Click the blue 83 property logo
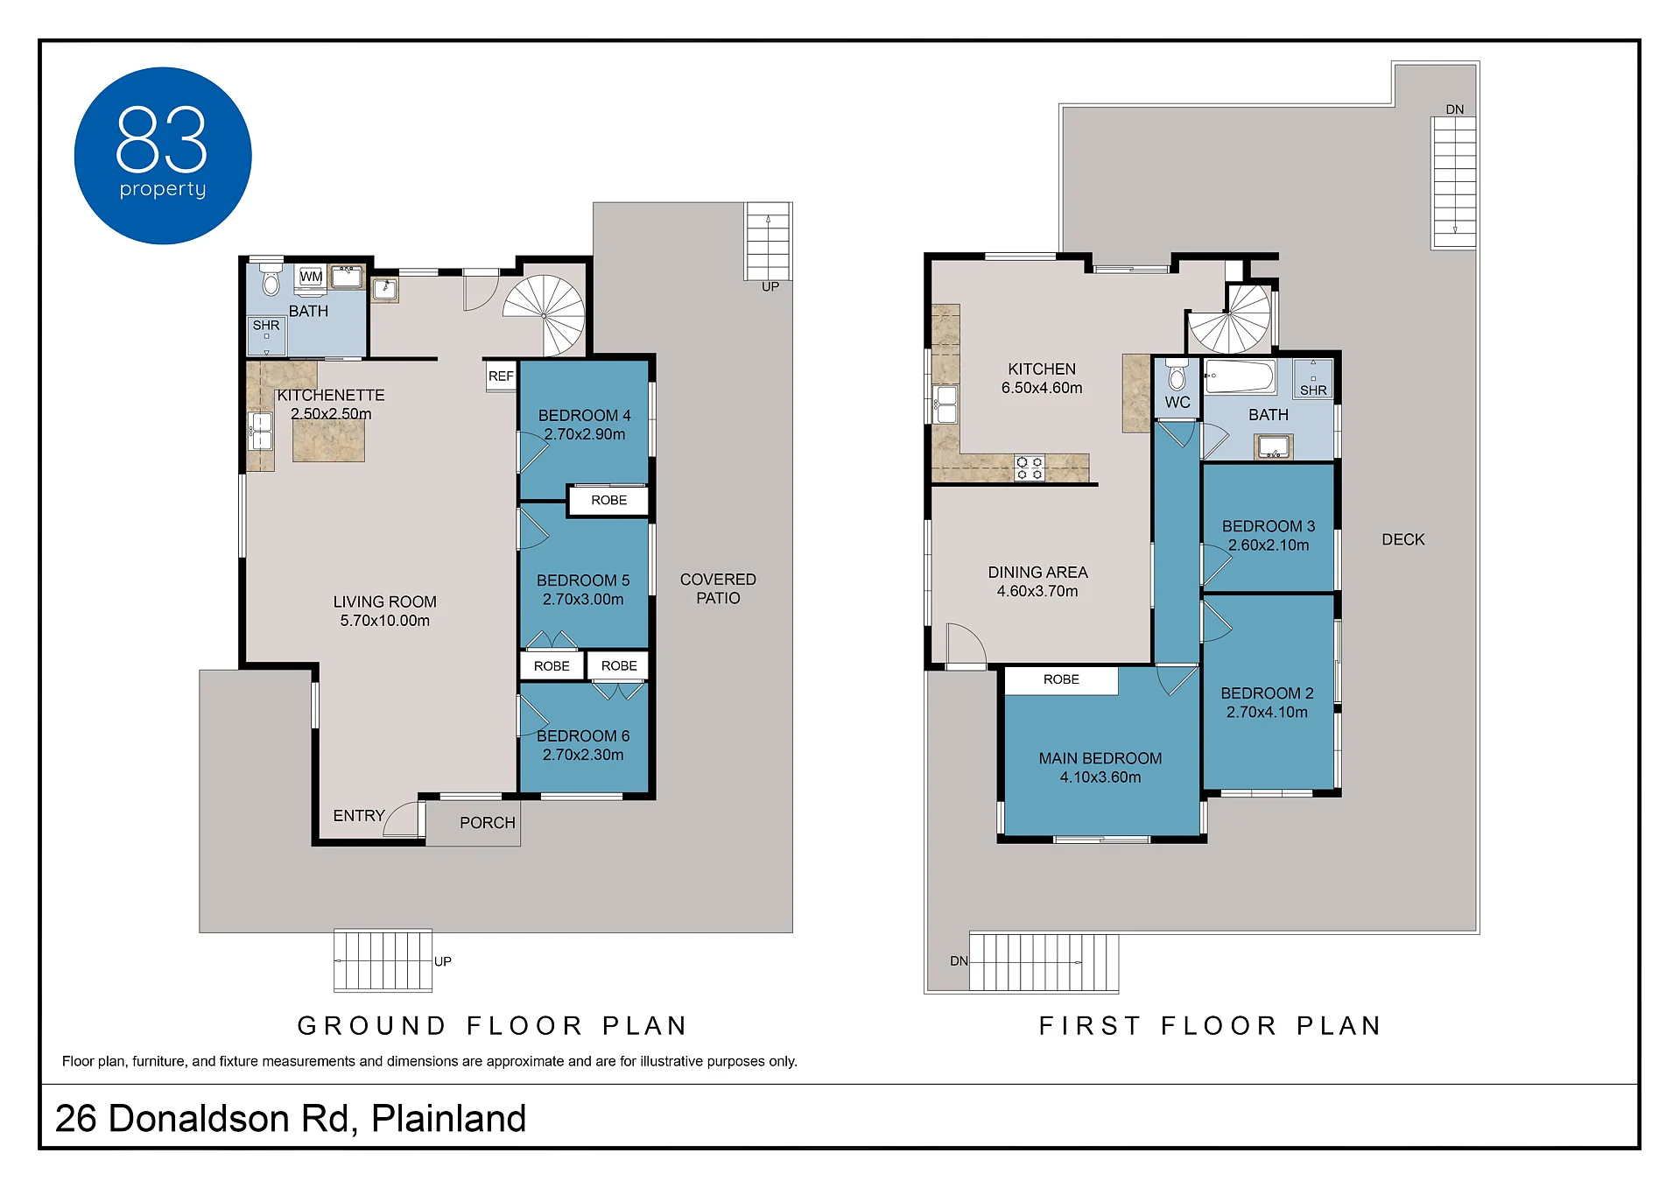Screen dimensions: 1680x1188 (163, 156)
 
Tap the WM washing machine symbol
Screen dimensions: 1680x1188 (311, 278)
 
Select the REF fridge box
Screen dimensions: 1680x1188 (501, 376)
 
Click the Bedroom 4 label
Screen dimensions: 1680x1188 (584, 415)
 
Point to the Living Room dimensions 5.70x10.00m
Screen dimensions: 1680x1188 (385, 621)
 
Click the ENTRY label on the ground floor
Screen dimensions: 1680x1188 (359, 816)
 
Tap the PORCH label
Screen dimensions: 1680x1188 (488, 823)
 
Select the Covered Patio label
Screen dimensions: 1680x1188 (718, 588)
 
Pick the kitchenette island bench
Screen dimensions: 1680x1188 (328, 440)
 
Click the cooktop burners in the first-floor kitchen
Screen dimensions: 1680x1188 (1030, 467)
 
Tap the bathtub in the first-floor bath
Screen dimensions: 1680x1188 (1241, 376)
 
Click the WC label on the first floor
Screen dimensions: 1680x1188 (1177, 403)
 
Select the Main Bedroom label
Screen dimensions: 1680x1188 (1100, 758)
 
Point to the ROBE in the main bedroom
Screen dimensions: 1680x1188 (1061, 680)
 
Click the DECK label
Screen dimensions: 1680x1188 (1403, 540)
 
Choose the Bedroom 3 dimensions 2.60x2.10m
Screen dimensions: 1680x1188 (1269, 545)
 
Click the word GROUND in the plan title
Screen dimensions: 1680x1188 (373, 1025)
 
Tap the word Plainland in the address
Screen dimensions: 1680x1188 (448, 1119)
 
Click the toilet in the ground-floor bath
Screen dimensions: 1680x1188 (271, 279)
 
